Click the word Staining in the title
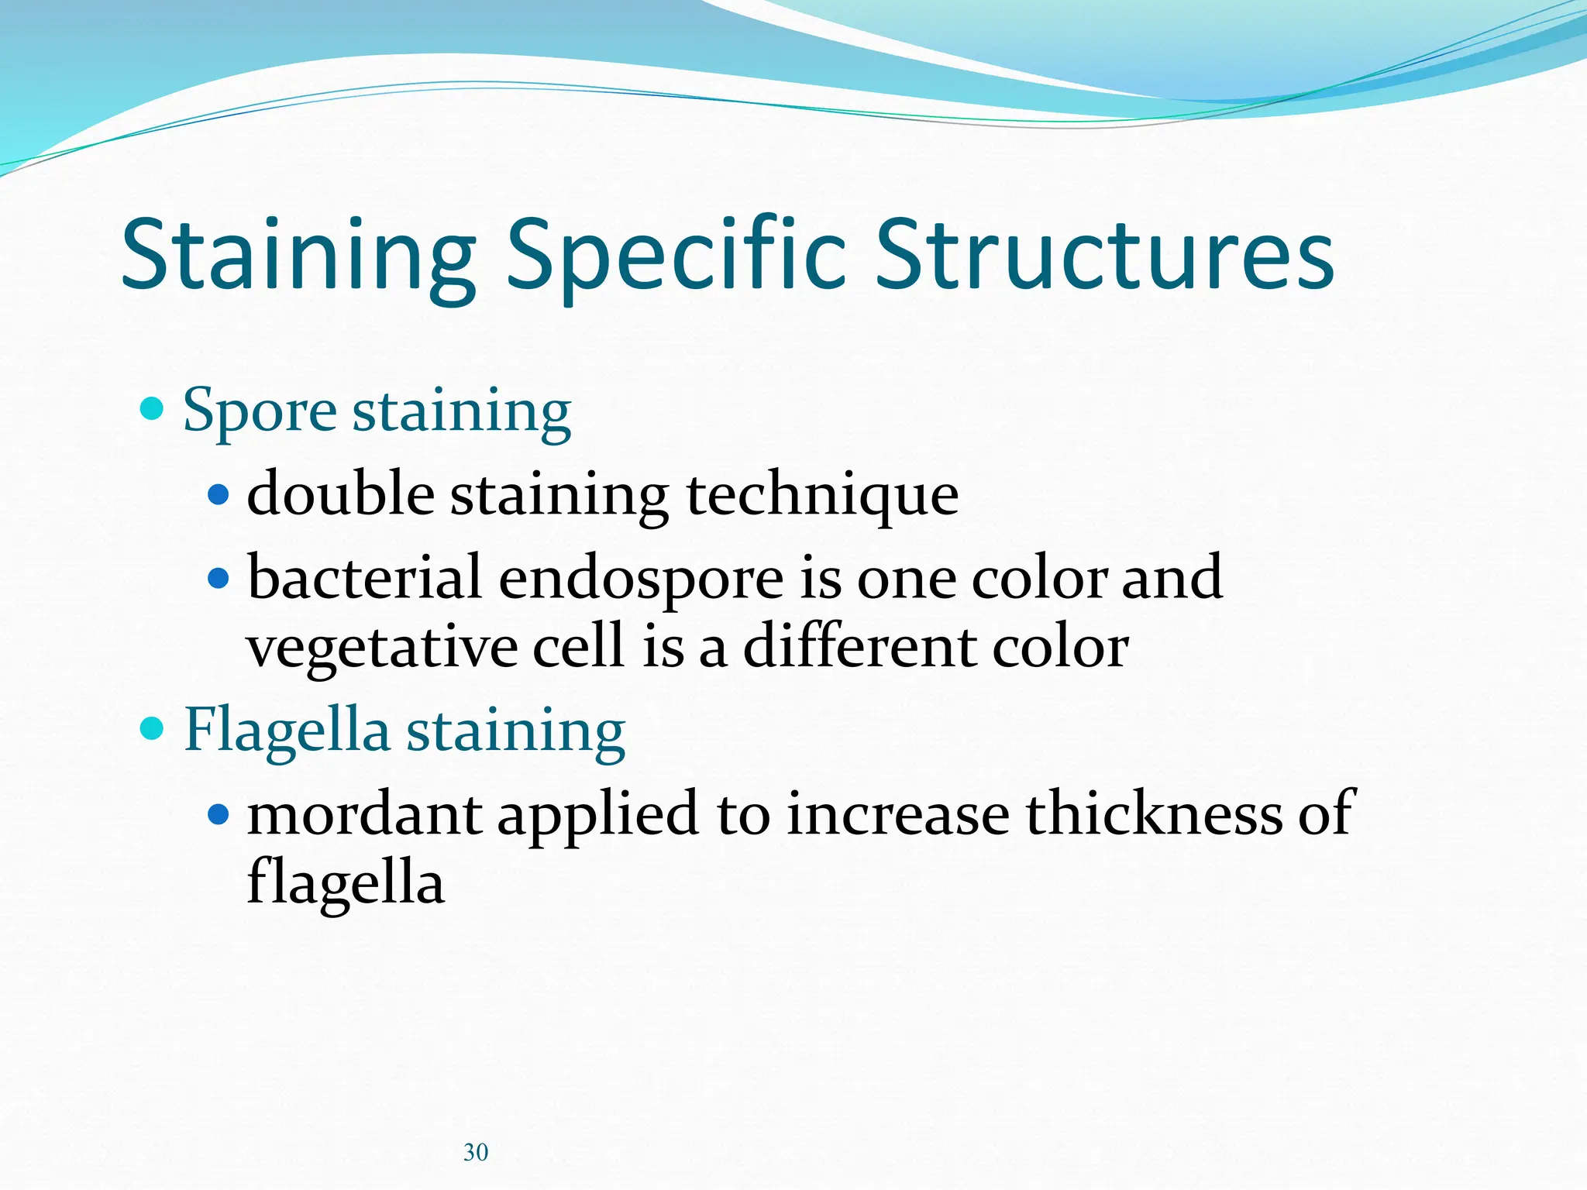click(298, 256)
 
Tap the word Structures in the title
click(1104, 256)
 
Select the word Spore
click(260, 411)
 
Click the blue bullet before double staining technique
click(219, 494)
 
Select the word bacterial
click(364, 577)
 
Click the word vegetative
click(381, 648)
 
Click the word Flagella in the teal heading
click(287, 730)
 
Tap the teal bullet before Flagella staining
click(153, 727)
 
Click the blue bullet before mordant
click(219, 813)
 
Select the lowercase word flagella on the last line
click(346, 883)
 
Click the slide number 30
click(476, 1152)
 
